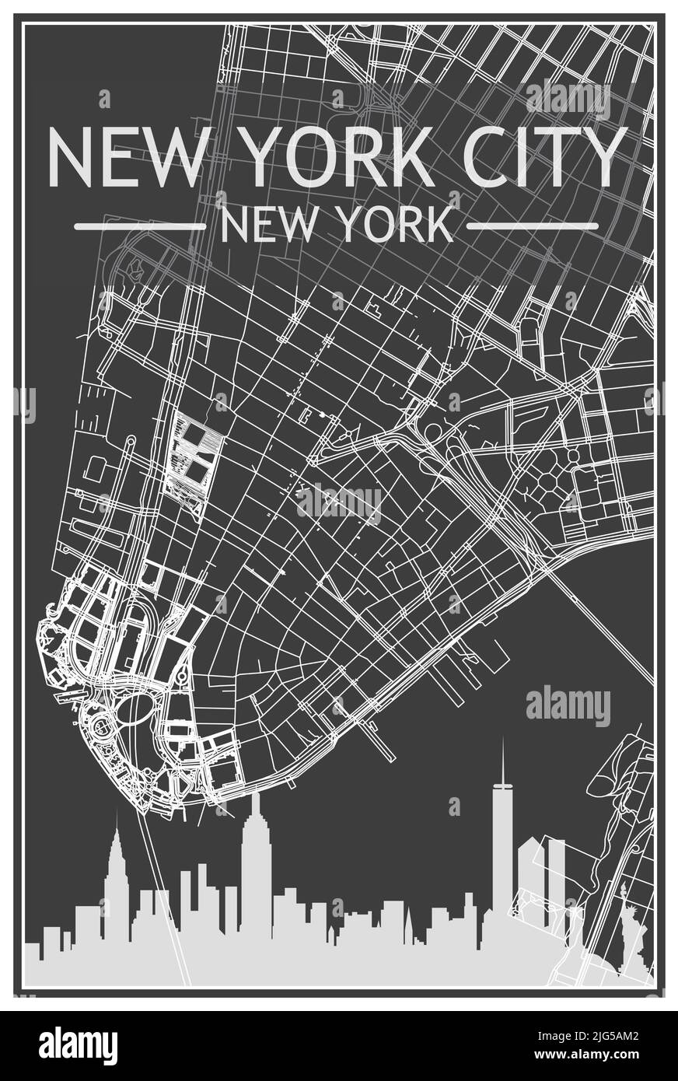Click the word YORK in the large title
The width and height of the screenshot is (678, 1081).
[340, 155]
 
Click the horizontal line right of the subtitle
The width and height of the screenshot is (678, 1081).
[532, 227]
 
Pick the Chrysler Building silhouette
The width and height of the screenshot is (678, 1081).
[117, 871]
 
